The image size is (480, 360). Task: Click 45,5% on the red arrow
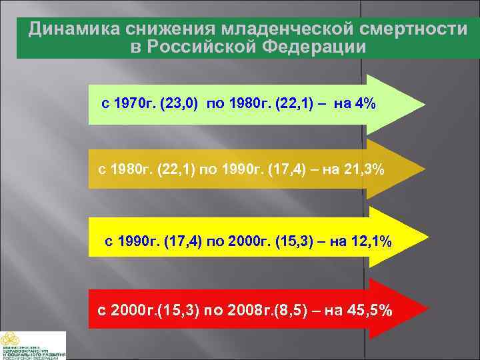point(369,311)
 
